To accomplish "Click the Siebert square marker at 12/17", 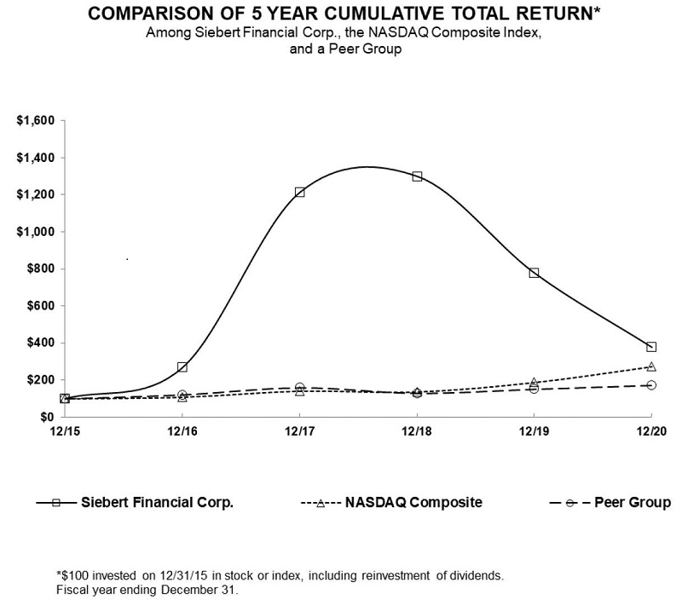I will click(300, 193).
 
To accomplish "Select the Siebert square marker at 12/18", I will click(417, 176).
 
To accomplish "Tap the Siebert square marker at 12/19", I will click(535, 273).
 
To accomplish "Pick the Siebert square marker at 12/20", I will click(651, 347).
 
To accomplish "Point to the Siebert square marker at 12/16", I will click(182, 367).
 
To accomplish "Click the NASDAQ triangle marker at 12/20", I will click(651, 366).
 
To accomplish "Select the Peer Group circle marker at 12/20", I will click(651, 385).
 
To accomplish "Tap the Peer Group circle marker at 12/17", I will click(300, 388).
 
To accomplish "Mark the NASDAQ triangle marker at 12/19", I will click(535, 383).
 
